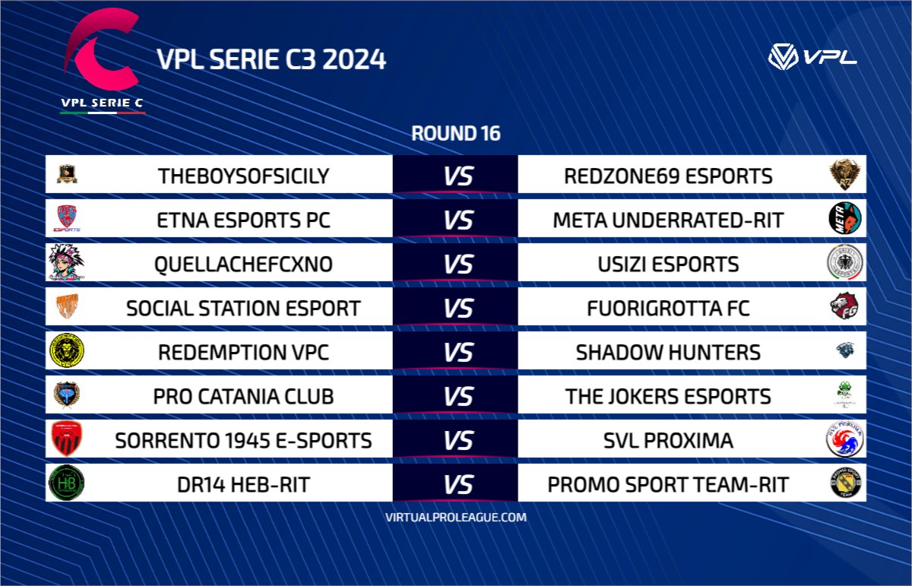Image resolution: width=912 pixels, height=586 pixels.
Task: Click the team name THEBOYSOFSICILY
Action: pyautogui.click(x=244, y=176)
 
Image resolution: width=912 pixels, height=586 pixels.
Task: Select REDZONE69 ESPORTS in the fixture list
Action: pyautogui.click(x=668, y=176)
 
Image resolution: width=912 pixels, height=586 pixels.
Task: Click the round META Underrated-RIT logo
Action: pyautogui.click(x=844, y=219)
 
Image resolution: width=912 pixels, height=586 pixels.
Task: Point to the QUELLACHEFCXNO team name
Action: pyautogui.click(x=244, y=264)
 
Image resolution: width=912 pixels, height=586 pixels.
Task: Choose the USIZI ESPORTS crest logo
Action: pyautogui.click(x=844, y=264)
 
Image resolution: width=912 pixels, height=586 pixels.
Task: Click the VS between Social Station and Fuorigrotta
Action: pyautogui.click(x=458, y=309)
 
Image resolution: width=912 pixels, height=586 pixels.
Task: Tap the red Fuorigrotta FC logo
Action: pyautogui.click(x=844, y=308)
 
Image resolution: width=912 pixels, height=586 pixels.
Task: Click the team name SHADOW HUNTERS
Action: pyautogui.click(x=668, y=353)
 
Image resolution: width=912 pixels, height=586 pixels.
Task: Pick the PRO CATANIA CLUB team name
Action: pyautogui.click(x=244, y=396)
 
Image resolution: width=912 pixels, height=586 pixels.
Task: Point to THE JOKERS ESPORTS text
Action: pyautogui.click(x=668, y=396)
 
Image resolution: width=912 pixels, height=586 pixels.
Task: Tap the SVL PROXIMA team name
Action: pyautogui.click(x=668, y=440)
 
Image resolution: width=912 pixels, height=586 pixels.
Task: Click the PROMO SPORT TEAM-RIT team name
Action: pyautogui.click(x=668, y=484)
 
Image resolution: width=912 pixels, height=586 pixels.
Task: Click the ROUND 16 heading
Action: pyautogui.click(x=456, y=134)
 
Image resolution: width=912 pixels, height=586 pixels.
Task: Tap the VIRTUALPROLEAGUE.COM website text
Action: pyautogui.click(x=456, y=517)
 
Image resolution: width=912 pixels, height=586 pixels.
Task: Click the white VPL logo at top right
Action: pyautogui.click(x=812, y=56)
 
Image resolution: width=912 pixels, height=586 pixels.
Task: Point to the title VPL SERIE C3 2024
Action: pyautogui.click(x=271, y=59)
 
